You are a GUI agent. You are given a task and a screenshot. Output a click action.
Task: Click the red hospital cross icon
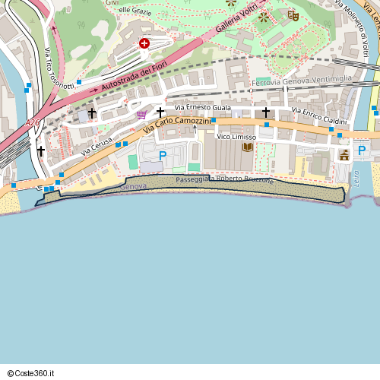[144, 44]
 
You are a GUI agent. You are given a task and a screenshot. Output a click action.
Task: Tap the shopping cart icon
[141, 115]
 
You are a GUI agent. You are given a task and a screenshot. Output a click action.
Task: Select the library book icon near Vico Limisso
[247, 147]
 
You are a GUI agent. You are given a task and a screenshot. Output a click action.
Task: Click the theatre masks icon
[293, 14]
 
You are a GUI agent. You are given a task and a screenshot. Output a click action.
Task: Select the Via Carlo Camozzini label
[177, 125]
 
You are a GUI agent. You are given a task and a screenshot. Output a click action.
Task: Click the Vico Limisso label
[236, 137]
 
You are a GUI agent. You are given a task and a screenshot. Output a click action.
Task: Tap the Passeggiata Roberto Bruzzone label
[224, 181]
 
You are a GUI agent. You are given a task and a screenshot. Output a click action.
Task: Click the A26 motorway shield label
[32, 122]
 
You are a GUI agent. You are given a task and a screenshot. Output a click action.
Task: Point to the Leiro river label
[356, 179]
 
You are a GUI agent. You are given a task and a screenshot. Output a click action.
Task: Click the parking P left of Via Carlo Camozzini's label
[163, 156]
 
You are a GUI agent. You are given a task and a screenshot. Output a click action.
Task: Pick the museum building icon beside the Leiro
[344, 155]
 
